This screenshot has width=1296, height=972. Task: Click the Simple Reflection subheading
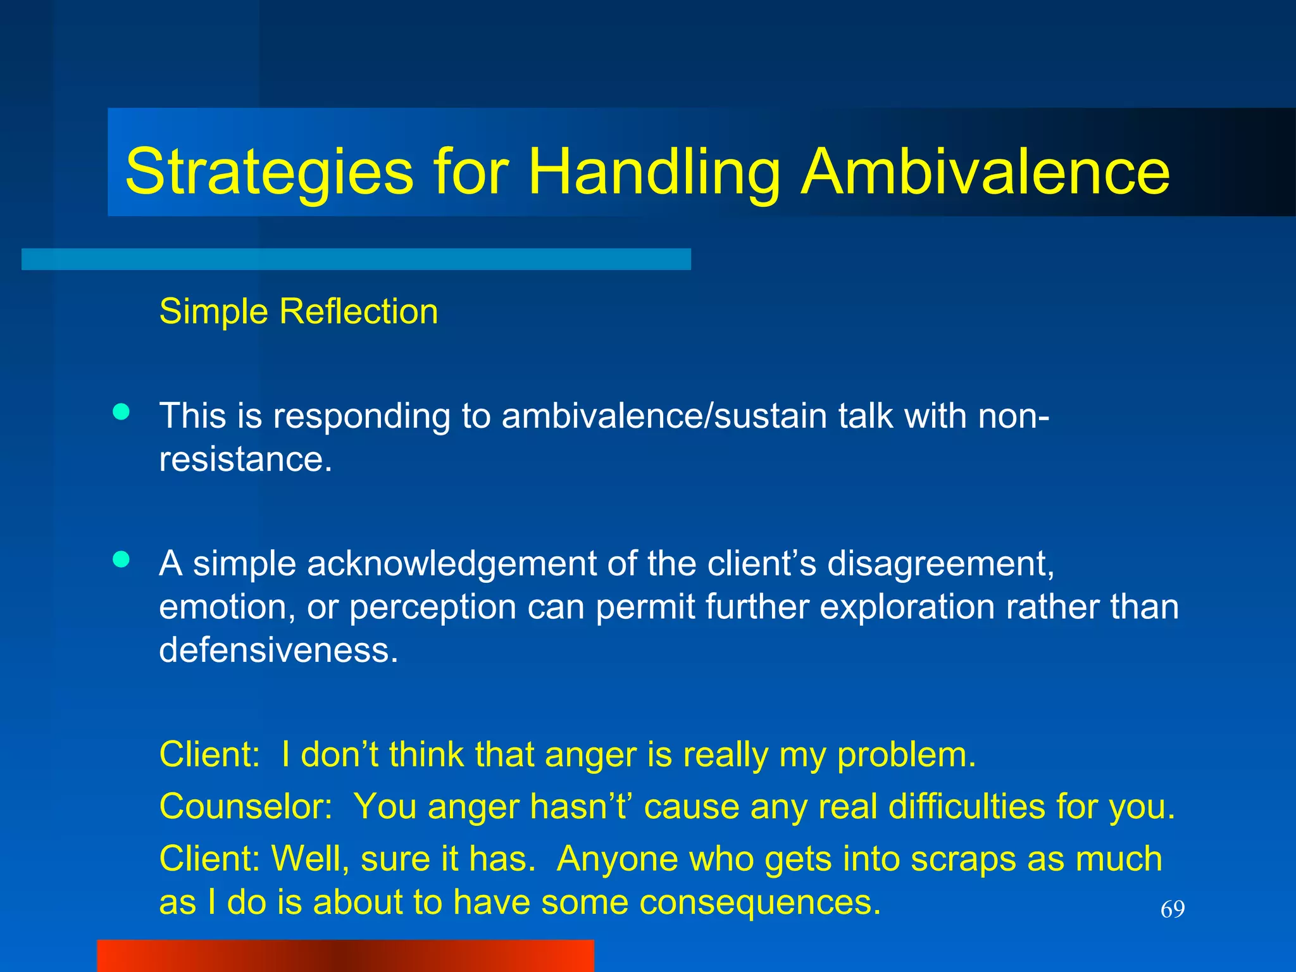click(298, 311)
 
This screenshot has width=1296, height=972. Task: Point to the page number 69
click(1172, 909)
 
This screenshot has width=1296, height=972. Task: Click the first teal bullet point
click(121, 413)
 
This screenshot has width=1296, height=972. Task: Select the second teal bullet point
click(121, 559)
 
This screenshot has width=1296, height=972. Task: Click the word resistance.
click(245, 459)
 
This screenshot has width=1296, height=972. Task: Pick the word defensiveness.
click(278, 650)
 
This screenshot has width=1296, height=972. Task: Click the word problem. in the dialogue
click(906, 755)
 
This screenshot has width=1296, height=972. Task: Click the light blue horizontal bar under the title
click(356, 259)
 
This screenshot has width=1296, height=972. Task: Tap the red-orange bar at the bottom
click(345, 956)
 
